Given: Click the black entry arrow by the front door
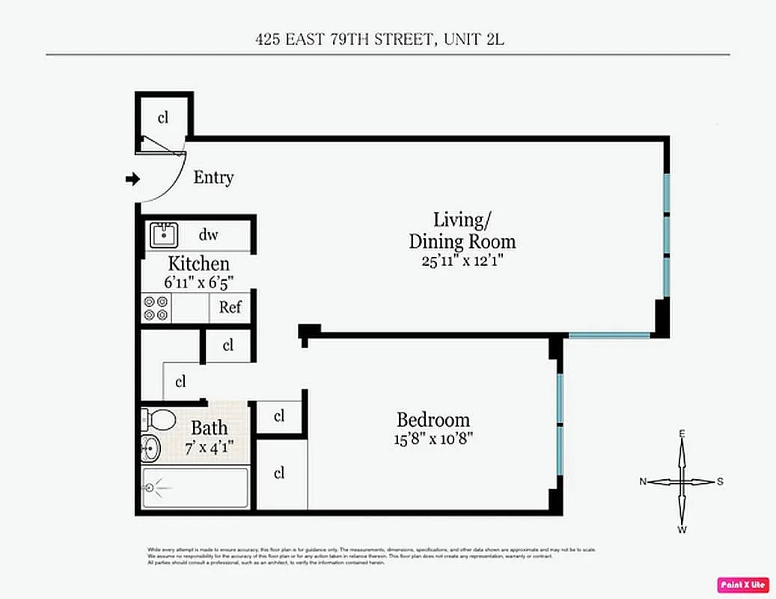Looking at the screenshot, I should tap(132, 179).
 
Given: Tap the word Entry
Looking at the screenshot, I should tap(213, 177).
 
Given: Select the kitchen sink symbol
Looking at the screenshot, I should tap(162, 235).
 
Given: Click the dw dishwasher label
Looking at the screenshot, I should tap(208, 235).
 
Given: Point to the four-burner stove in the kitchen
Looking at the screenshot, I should tap(156, 308).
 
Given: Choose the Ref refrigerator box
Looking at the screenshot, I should tap(230, 308).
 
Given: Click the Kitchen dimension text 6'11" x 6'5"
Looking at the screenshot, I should tap(198, 283).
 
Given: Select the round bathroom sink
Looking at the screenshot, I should tap(150, 448).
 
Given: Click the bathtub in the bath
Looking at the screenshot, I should tap(195, 487).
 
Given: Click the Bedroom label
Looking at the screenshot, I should tap(433, 419).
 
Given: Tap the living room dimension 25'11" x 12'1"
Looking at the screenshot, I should tap(462, 261).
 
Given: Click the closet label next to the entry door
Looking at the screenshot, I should tap(162, 118).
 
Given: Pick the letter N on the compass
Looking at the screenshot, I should tap(643, 482).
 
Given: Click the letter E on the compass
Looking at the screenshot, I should tap(682, 434).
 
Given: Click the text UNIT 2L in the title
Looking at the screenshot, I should tap(474, 39).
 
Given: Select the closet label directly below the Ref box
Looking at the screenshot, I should tap(228, 345).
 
